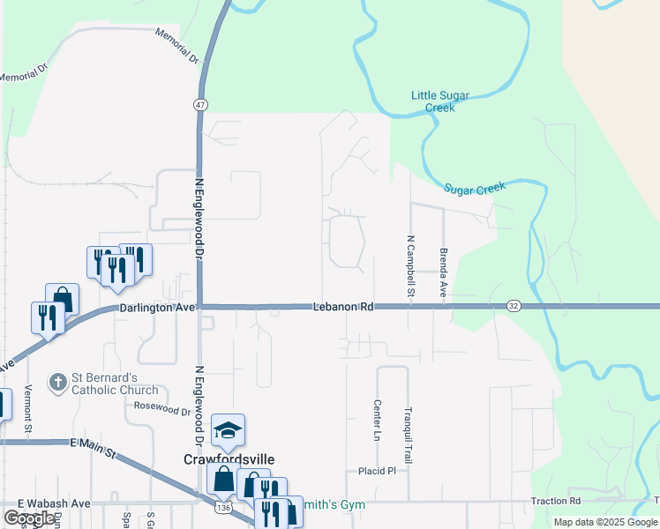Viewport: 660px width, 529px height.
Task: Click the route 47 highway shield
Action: tap(202, 104)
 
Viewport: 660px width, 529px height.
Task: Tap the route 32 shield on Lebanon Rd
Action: tap(514, 306)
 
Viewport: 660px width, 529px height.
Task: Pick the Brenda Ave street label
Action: tap(443, 271)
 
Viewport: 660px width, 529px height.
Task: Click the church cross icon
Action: tap(58, 383)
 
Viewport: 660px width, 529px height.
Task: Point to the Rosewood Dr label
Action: tap(162, 409)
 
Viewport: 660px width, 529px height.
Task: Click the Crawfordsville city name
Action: tap(229, 459)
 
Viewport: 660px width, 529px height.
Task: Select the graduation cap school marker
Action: tap(228, 431)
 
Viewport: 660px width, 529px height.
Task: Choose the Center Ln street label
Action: tap(377, 421)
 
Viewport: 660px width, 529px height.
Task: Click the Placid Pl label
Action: tap(378, 471)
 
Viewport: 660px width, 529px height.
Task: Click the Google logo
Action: tap(30, 518)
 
